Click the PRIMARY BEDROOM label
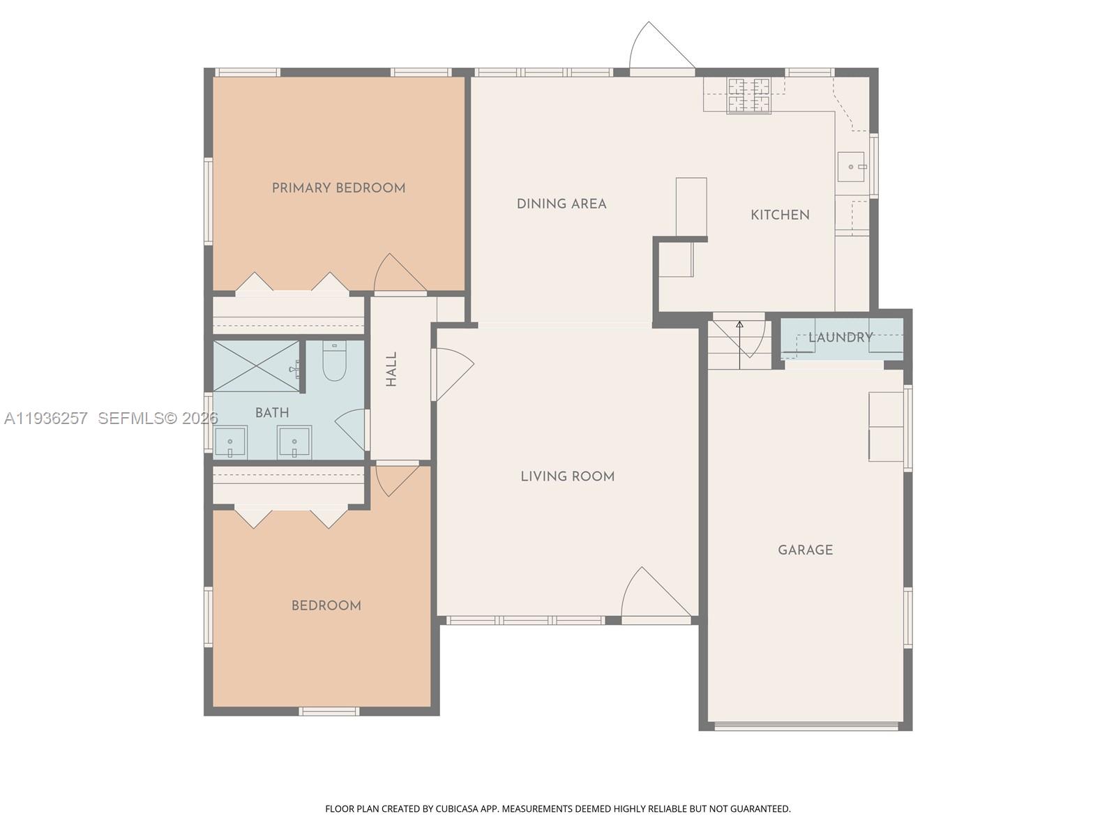click(338, 188)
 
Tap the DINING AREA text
click(561, 204)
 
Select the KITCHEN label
click(780, 215)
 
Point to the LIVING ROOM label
click(567, 476)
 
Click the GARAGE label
click(805, 550)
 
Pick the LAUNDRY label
click(840, 338)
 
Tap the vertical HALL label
click(391, 369)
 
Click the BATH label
click(272, 413)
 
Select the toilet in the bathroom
click(335, 361)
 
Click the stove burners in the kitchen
click(750, 96)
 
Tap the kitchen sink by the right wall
click(851, 167)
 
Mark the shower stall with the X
click(255, 366)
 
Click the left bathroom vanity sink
click(229, 442)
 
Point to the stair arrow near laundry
click(739, 345)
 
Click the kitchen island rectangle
click(691, 207)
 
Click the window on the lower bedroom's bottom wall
click(329, 711)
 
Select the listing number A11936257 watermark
click(46, 418)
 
